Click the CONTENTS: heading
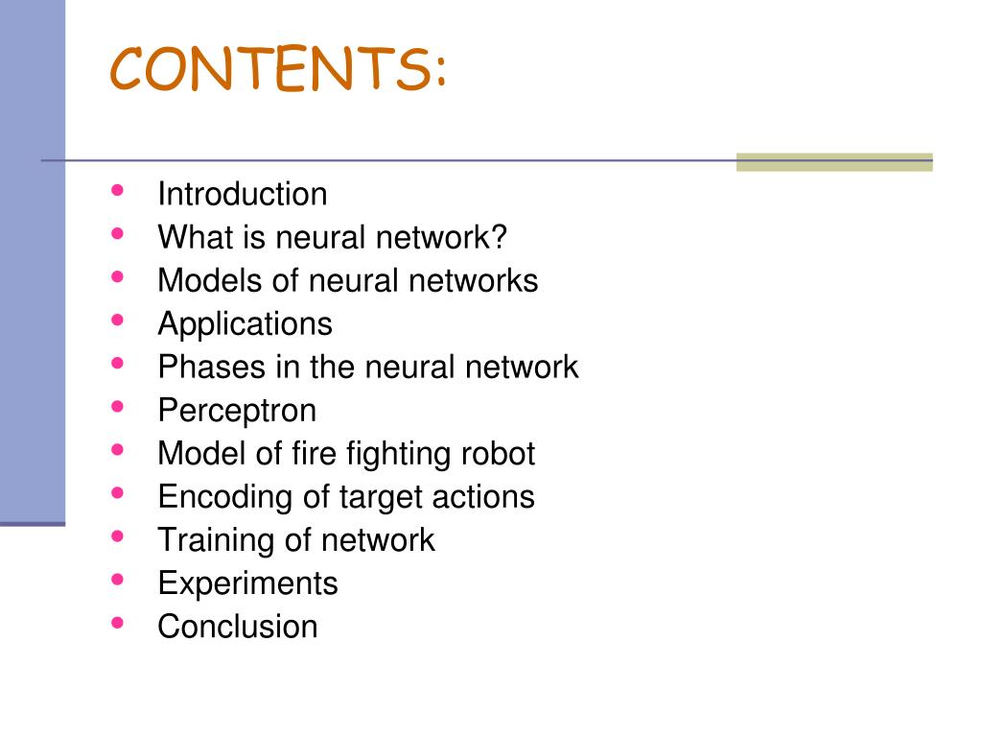pyautogui.click(x=278, y=69)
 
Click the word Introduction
pyautogui.click(x=243, y=194)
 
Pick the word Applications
pyautogui.click(x=245, y=324)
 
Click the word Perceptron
pyautogui.click(x=237, y=411)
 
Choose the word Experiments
pyautogui.click(x=247, y=583)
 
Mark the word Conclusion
pyautogui.click(x=237, y=626)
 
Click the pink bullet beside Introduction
pyautogui.click(x=117, y=190)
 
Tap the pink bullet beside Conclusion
pyautogui.click(x=117, y=622)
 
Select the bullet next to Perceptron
pyautogui.click(x=117, y=406)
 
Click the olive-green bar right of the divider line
pyautogui.click(x=833, y=162)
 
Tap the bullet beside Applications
pyautogui.click(x=117, y=320)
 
